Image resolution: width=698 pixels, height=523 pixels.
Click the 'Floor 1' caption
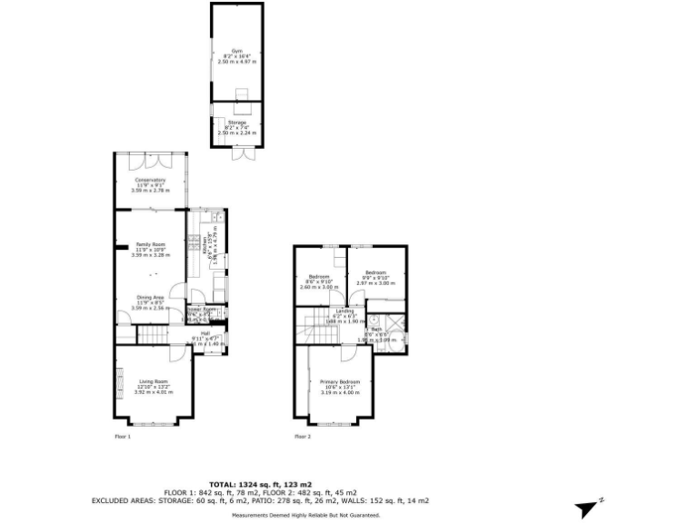(123, 437)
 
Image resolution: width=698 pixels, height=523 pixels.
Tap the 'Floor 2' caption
(303, 437)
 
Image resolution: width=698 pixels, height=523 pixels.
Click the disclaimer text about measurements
(305, 515)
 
